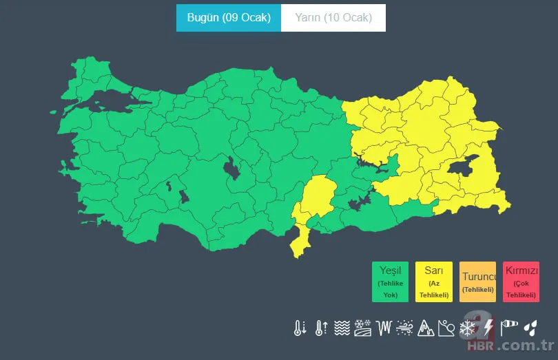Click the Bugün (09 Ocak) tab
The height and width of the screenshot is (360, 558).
point(229,18)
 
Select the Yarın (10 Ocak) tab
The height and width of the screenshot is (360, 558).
point(333,18)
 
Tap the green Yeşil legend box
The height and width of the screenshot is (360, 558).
point(391,282)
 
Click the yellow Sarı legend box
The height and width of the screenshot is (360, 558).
point(434,282)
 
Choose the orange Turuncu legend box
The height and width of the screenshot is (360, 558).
point(478,282)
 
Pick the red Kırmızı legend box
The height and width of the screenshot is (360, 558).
point(521,282)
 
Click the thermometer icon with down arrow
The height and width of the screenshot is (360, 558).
point(300,328)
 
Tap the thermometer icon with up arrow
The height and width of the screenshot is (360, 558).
point(321,328)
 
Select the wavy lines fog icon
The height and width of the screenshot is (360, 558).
point(342,328)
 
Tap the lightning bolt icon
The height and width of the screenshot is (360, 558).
point(488,328)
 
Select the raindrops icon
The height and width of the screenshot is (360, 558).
point(530,327)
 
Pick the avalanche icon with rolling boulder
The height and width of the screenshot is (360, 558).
point(446,328)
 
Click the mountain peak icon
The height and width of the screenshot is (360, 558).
point(426,328)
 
